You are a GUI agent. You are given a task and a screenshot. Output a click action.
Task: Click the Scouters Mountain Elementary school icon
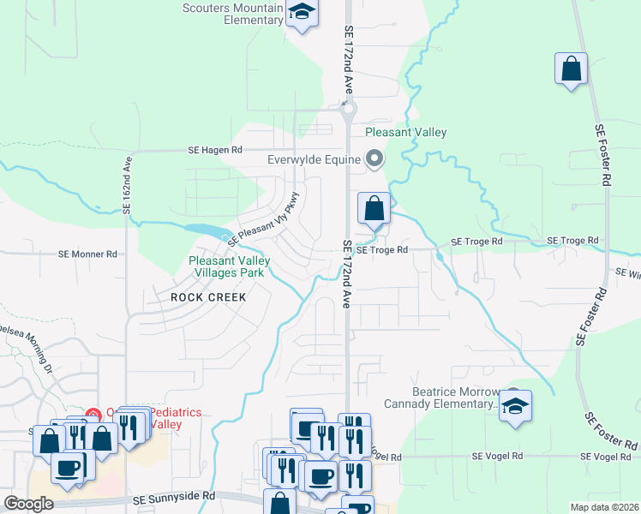tap(302, 13)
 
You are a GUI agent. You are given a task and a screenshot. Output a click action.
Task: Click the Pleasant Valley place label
tap(405, 132)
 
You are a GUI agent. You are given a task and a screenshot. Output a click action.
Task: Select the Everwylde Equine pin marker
tap(374, 158)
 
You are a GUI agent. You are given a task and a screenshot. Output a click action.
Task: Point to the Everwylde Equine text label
tap(315, 158)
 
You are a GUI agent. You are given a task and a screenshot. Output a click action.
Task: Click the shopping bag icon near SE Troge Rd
tap(374, 208)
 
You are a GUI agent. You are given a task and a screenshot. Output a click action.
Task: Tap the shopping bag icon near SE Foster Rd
tap(571, 69)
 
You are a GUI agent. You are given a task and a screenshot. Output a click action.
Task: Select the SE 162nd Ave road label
tap(128, 184)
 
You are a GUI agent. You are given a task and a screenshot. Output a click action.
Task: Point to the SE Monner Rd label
tap(87, 254)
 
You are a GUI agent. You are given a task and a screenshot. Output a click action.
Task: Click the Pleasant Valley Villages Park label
tap(230, 266)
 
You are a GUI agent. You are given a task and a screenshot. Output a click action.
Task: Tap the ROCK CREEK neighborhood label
tap(208, 297)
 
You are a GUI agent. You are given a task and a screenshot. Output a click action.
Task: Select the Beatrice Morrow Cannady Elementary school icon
tap(515, 406)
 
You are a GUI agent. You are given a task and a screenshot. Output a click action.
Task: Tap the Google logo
tap(27, 503)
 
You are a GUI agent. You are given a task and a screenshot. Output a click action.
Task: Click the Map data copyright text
tap(604, 507)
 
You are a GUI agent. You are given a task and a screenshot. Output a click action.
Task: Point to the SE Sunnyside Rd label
tap(174, 497)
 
